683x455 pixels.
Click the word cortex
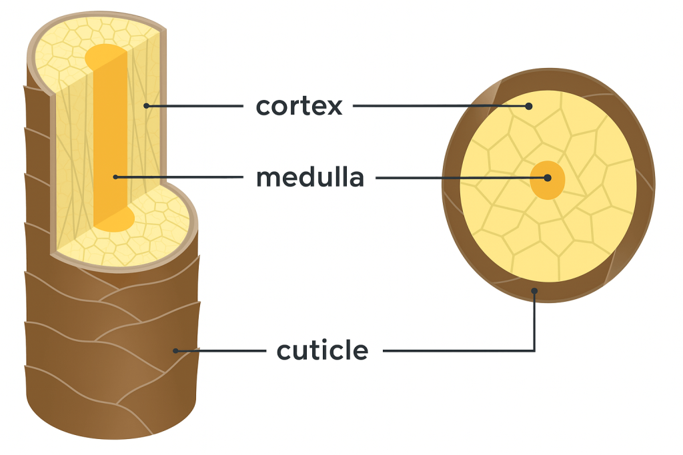coord(299,106)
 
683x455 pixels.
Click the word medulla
coord(310,178)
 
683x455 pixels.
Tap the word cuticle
coord(322,350)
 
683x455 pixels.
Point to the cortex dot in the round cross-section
coord(528,105)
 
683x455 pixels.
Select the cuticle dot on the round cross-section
coord(534,290)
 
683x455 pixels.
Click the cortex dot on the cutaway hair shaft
coord(146,106)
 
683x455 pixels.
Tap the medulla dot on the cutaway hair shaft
coord(115,177)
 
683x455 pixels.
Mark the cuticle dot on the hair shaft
coord(175,350)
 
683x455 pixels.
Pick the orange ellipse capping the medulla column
coord(105,57)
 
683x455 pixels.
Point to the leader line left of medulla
coord(180,177)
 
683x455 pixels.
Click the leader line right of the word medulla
coord(460,178)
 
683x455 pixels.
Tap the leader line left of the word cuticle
coord(220,350)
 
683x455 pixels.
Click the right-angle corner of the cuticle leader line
coord(534,350)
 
